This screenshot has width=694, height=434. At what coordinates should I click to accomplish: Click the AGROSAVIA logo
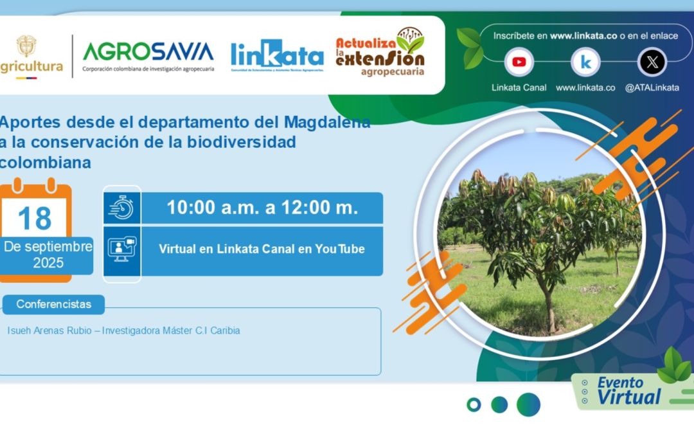click(x=148, y=51)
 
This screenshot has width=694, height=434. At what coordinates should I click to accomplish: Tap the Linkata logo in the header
click(x=277, y=55)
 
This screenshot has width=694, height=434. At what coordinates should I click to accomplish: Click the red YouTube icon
click(x=519, y=62)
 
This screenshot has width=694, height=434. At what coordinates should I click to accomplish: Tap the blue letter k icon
click(x=585, y=62)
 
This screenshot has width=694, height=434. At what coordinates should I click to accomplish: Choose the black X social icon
click(x=652, y=62)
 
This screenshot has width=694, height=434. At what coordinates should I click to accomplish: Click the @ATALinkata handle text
click(x=652, y=88)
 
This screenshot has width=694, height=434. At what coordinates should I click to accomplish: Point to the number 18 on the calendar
click(x=35, y=218)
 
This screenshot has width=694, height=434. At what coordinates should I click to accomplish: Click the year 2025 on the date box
click(x=48, y=263)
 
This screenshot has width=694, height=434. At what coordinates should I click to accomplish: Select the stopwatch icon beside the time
click(x=121, y=207)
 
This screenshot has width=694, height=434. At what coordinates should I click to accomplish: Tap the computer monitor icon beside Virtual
click(x=121, y=249)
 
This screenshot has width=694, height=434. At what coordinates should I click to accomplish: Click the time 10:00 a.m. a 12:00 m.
click(x=262, y=208)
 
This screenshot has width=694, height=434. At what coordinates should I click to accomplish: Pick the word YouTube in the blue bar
click(x=339, y=249)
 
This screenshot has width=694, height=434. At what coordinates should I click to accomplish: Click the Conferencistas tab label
click(x=53, y=304)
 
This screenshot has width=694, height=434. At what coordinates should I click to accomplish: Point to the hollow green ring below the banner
click(x=474, y=404)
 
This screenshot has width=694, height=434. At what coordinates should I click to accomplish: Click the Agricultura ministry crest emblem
click(x=26, y=46)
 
